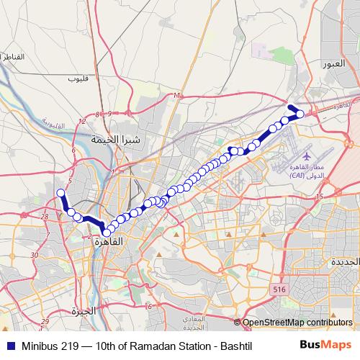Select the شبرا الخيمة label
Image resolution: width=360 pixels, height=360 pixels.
click(119, 138)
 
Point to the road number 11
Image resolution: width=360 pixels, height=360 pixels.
click(176, 95)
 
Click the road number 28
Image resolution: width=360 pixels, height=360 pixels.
click(45, 216)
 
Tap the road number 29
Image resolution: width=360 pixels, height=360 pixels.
click(45, 322)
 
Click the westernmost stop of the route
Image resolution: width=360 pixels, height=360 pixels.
click(61, 193)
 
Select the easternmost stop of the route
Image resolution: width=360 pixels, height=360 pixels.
click(300, 114)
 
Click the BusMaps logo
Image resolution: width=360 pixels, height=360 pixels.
click(325, 345)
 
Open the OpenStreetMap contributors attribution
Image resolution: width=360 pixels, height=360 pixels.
click(297, 323)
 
